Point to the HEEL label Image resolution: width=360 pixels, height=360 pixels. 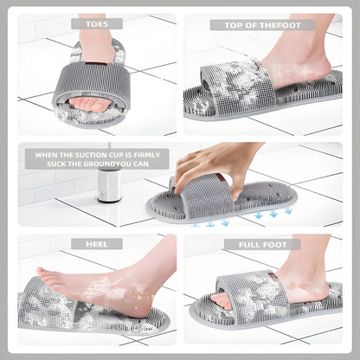pyautogui.click(x=97, y=244)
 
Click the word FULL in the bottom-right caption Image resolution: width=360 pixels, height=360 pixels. pyautogui.click(x=246, y=244)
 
